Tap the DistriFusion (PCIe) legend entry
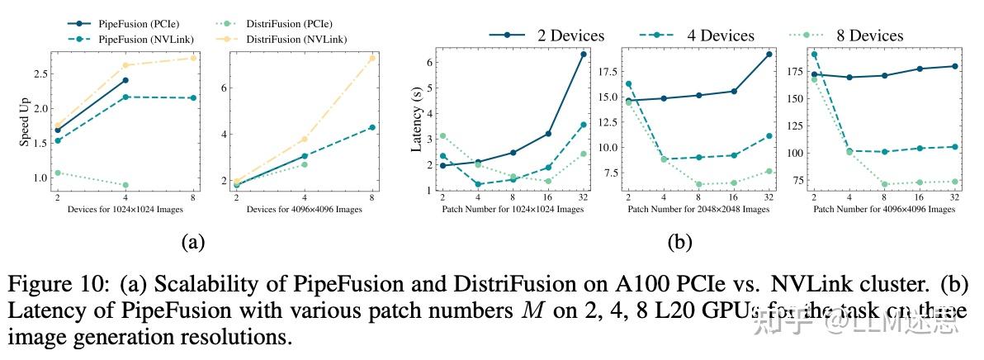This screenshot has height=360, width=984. (285, 25)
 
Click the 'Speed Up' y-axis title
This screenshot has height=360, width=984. (25, 126)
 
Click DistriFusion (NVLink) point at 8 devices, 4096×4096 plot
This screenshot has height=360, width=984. (371, 58)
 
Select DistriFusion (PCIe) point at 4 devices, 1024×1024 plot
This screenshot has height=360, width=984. (125, 185)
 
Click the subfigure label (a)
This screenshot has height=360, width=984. (192, 241)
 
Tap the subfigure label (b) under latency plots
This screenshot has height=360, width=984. (679, 241)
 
